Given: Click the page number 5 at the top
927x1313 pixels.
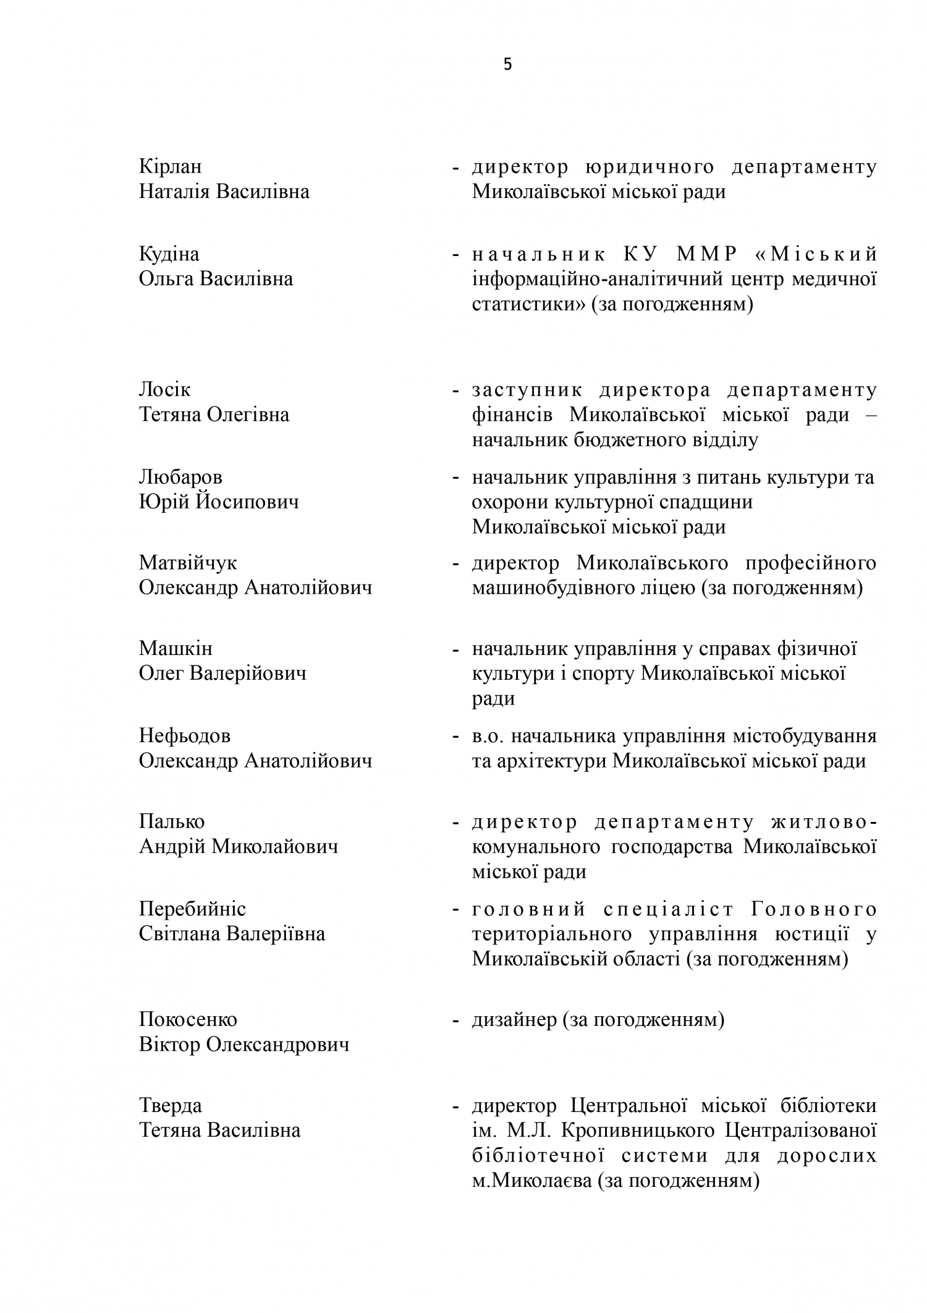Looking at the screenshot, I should (507, 65).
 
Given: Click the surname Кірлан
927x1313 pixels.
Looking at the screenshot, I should (170, 167).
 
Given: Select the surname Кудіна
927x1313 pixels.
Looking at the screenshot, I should (169, 254).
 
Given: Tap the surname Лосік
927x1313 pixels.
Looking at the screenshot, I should (164, 390).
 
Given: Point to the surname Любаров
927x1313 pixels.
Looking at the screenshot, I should (180, 477).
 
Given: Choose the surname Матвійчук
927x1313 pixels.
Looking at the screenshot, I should (188, 563).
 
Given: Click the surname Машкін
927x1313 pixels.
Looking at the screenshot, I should (176, 649).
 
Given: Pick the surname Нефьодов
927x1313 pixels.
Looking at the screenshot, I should (184, 736).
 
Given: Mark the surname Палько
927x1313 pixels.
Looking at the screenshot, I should (171, 822).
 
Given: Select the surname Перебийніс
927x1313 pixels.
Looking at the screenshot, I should (192, 909).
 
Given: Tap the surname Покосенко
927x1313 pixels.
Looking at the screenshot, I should (188, 1019).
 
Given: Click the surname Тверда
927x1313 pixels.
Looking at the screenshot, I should (170, 1106).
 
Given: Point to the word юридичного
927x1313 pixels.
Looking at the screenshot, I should (649, 167).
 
